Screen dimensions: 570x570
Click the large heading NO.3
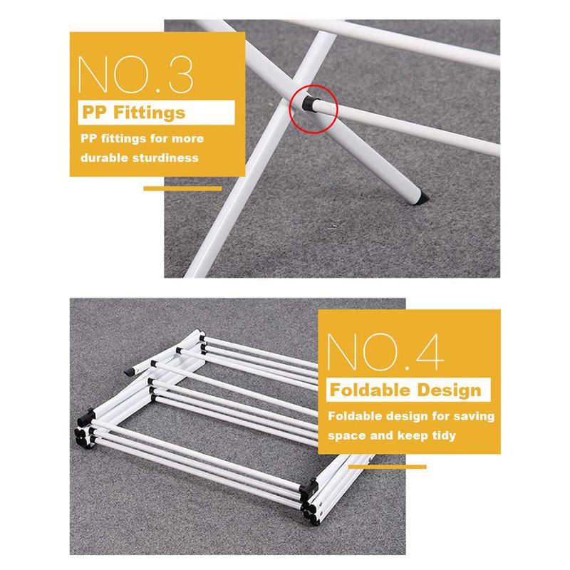click(135, 75)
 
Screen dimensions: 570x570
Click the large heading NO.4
click(385, 352)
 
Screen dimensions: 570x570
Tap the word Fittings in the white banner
click(150, 113)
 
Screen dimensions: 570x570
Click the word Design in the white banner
click(450, 390)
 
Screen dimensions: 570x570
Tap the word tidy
click(444, 435)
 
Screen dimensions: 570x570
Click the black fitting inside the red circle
click(309, 104)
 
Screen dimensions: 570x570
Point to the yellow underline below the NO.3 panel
click(182, 188)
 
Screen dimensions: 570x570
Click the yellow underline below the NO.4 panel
click(387, 467)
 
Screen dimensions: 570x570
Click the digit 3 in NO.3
click(181, 75)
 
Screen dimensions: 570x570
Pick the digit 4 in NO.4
click(430, 352)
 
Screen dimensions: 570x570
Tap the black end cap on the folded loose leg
click(129, 371)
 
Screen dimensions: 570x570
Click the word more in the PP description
click(187, 138)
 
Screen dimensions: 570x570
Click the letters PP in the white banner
click(95, 113)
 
